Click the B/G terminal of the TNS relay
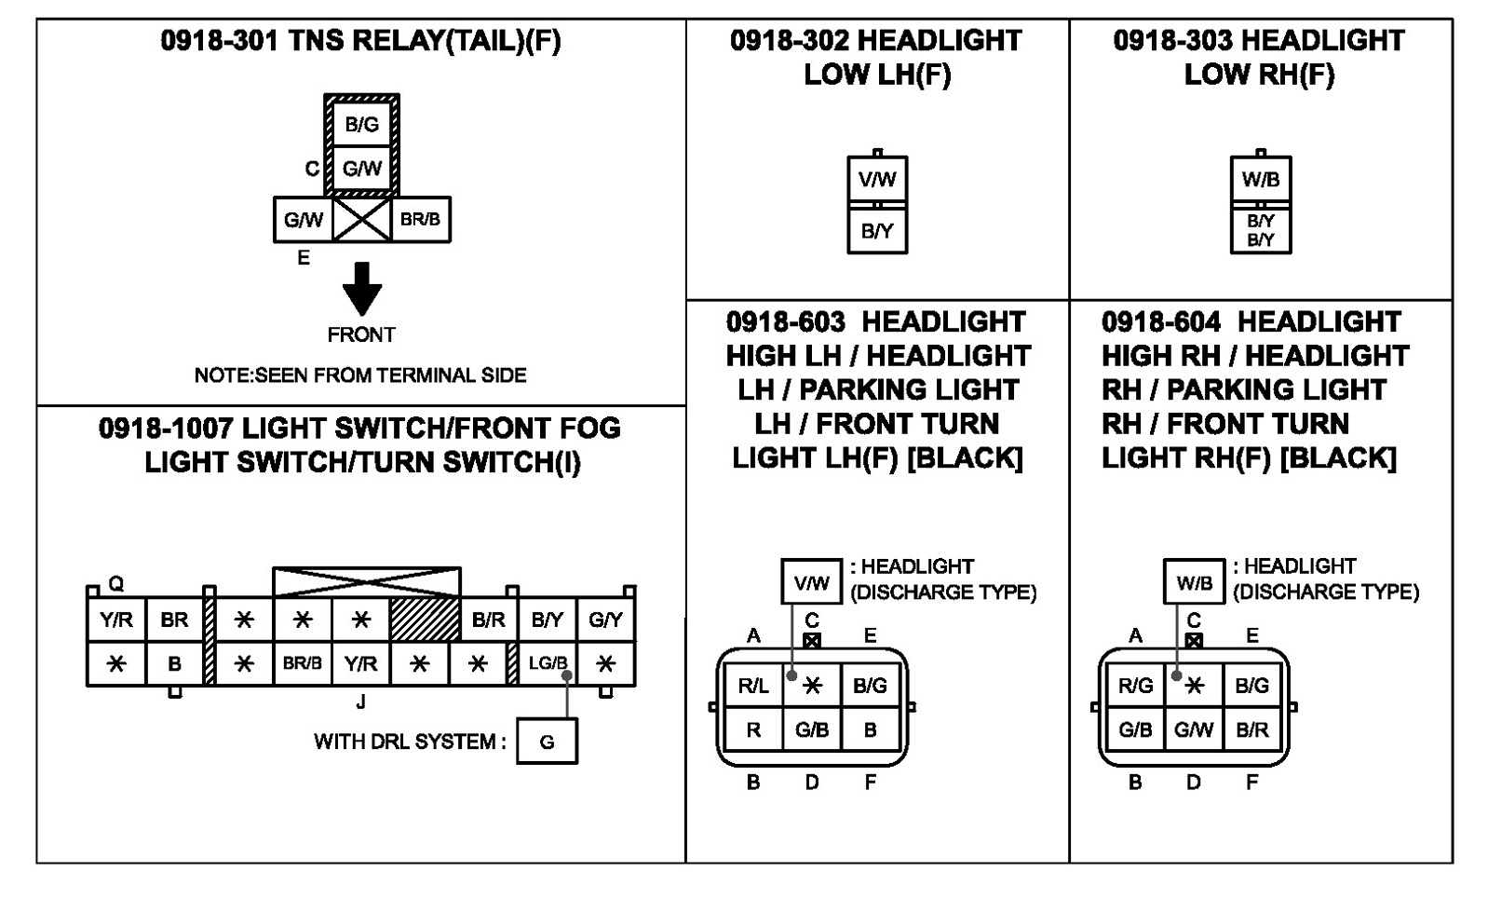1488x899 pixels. [x=361, y=124]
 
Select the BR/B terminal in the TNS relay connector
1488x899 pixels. [x=421, y=219]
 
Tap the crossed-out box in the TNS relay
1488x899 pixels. [x=361, y=219]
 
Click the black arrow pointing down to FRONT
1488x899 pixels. [x=362, y=289]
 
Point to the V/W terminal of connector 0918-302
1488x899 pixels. [x=877, y=179]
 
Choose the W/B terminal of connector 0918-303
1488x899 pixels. [x=1260, y=179]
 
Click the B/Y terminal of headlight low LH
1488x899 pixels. [x=877, y=230]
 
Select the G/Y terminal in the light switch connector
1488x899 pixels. [x=606, y=620]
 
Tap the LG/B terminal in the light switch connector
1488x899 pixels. [x=548, y=663]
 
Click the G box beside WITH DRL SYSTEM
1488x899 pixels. [x=547, y=742]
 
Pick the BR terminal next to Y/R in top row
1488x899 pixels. [x=174, y=620]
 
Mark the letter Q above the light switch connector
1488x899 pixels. [x=116, y=583]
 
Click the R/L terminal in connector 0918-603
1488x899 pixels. [x=753, y=685]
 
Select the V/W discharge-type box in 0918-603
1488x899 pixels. [x=811, y=582]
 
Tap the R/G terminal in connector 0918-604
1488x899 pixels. [x=1135, y=685]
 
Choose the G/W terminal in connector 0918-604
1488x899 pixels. [x=1194, y=729]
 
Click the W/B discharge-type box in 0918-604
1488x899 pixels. [x=1194, y=582]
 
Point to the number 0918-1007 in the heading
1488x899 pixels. [x=166, y=429]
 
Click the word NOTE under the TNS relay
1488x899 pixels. [x=223, y=375]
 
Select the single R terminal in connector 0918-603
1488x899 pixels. [x=753, y=729]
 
